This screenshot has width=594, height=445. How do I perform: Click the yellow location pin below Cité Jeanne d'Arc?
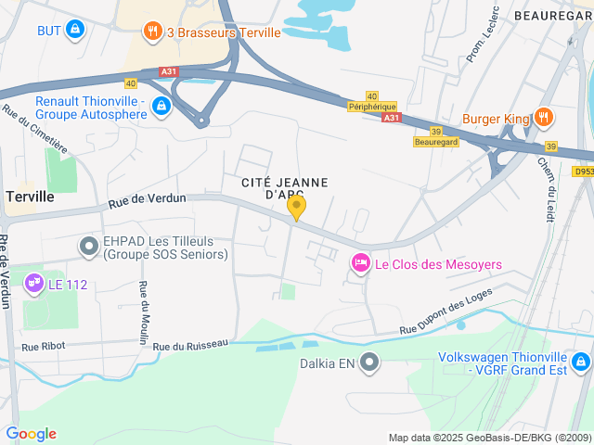(297, 207)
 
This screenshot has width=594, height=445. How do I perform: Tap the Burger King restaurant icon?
(544, 119)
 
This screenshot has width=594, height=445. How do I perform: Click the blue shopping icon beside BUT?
(75, 31)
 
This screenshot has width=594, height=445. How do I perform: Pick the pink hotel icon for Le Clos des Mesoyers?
(360, 264)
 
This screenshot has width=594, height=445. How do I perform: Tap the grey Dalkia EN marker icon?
(369, 362)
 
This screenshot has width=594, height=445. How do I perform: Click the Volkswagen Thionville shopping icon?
(581, 361)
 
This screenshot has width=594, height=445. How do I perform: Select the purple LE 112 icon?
(33, 282)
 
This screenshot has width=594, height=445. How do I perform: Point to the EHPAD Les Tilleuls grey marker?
(89, 246)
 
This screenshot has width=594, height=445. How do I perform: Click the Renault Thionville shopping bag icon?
(162, 106)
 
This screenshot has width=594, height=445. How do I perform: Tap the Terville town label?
(30, 197)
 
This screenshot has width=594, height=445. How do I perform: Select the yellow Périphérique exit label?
(373, 107)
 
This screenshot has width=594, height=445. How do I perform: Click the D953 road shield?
(582, 171)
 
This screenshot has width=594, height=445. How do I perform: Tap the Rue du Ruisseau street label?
(190, 345)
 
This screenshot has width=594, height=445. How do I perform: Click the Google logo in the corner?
(31, 434)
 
